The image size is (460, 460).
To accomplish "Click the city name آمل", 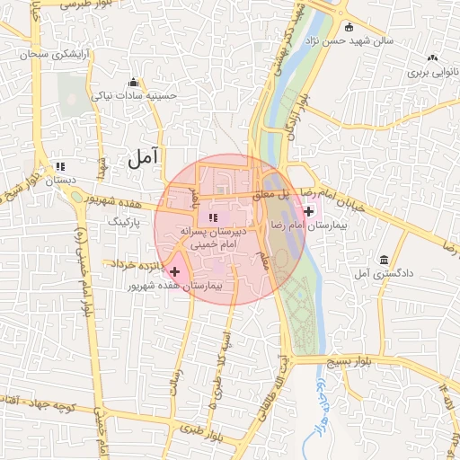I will (x=143, y=157).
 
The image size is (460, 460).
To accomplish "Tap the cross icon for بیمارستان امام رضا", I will (x=310, y=212).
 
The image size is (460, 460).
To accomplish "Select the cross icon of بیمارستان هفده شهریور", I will (x=174, y=270).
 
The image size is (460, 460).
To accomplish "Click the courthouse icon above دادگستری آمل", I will (x=384, y=259).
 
